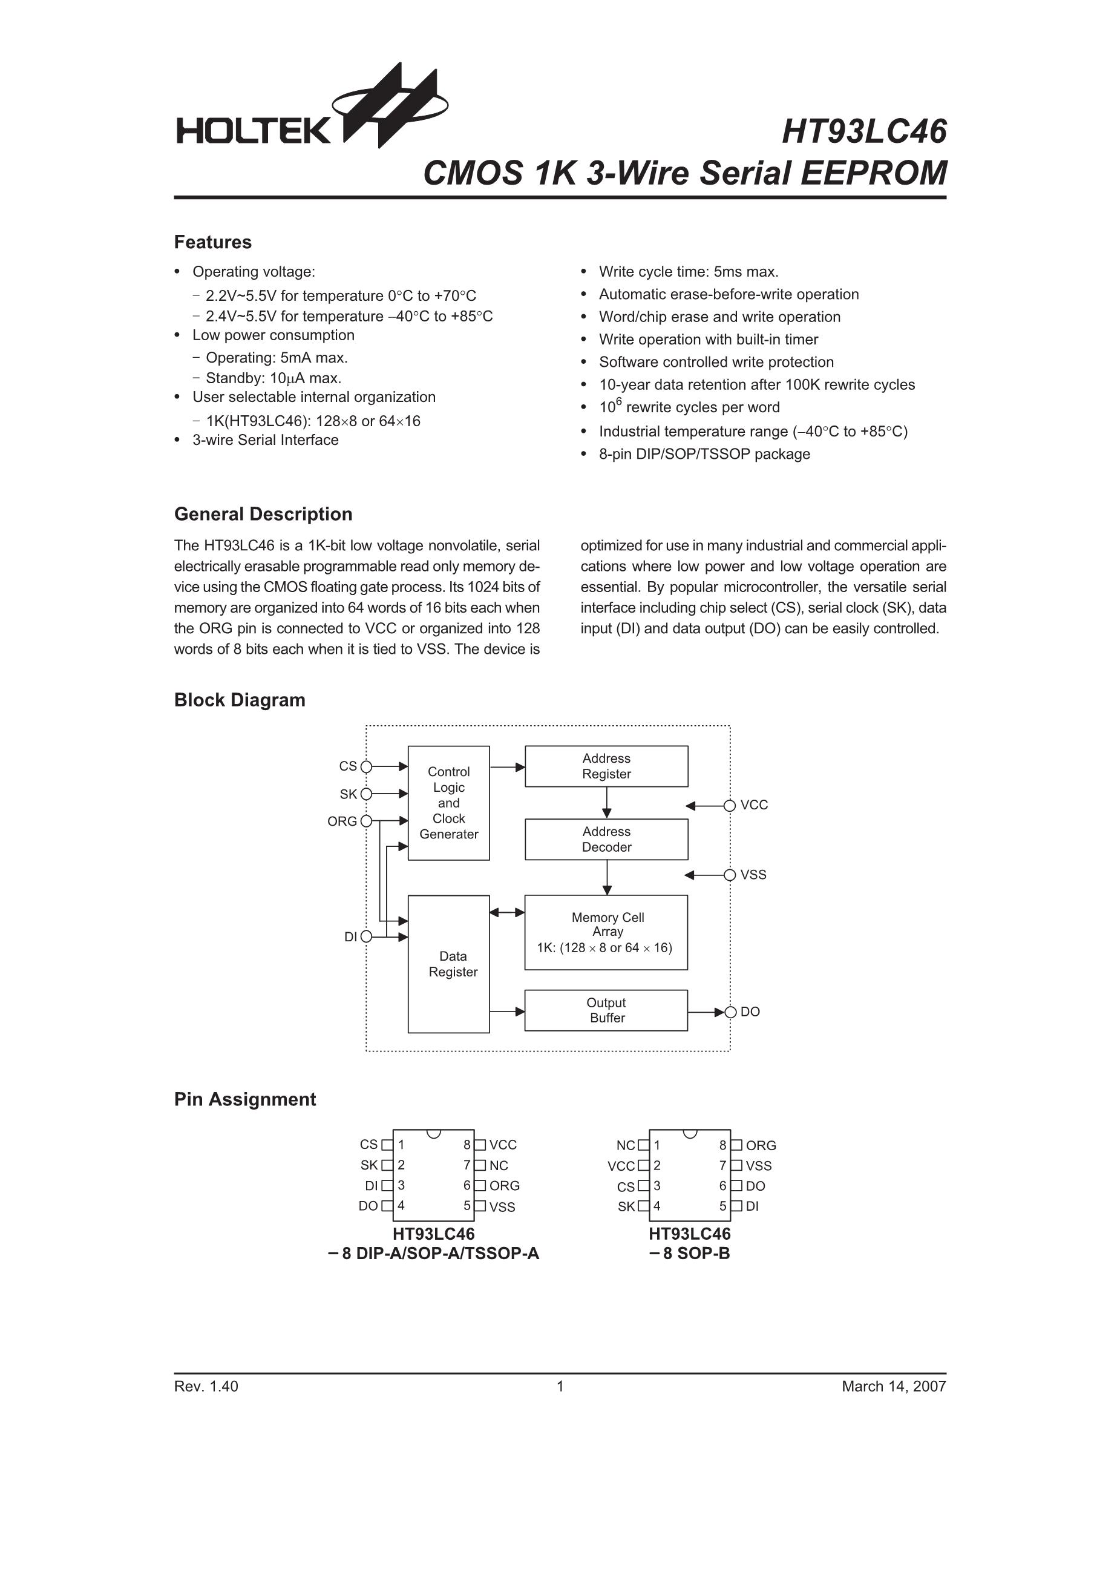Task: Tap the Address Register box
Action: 606,766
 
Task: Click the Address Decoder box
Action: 606,839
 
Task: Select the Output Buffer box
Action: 606,1010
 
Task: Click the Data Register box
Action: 449,964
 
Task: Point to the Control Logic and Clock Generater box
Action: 449,803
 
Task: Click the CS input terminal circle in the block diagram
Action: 367,766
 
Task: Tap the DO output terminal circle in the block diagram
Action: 730,1012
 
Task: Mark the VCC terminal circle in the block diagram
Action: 730,806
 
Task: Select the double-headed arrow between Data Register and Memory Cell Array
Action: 507,912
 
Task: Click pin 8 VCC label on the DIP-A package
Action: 503,1145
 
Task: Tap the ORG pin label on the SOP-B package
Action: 761,1145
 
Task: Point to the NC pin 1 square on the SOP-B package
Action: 644,1145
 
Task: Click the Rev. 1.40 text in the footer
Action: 206,1386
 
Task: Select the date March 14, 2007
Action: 894,1386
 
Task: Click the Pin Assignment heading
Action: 245,1099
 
